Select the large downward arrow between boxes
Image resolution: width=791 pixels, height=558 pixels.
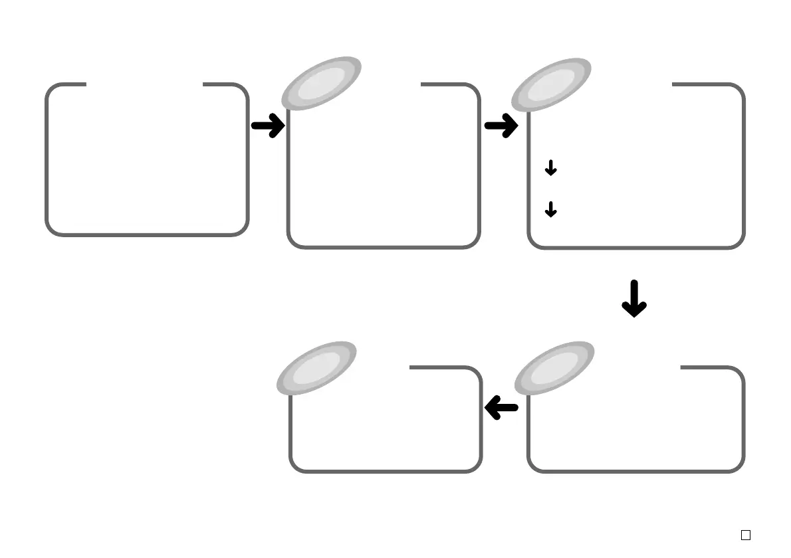pos(634,298)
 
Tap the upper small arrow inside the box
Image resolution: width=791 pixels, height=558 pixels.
pos(550,169)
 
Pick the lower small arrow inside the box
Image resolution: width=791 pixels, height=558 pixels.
pos(550,211)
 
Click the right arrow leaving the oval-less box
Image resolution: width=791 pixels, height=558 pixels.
pos(268,125)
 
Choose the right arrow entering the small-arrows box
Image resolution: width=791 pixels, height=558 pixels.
pos(501,125)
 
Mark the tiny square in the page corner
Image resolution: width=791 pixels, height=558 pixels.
pos(746,535)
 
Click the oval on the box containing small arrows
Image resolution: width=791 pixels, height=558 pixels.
pos(551,84)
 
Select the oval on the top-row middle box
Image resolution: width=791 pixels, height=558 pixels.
pos(322,84)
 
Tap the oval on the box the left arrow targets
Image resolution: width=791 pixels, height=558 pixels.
pos(317,367)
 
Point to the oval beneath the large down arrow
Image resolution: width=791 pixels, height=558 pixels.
pos(555,367)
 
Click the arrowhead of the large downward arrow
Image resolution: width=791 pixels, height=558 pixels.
pos(634,308)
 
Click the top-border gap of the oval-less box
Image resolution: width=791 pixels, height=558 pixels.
pos(144,84)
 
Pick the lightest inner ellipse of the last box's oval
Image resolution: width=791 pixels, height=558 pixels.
pos(317,367)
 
